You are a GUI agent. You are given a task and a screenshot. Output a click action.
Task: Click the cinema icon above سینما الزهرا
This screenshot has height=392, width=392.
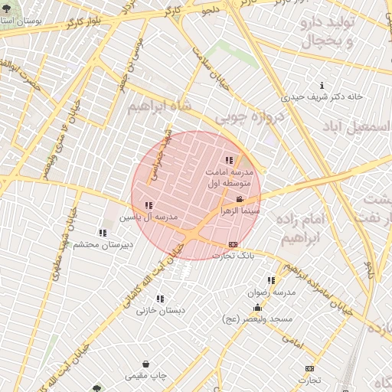coord(240,200)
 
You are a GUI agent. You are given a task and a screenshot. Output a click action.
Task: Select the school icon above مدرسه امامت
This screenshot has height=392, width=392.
coord(230,160)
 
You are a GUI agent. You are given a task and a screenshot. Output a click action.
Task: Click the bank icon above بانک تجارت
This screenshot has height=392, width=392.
coord(233,244)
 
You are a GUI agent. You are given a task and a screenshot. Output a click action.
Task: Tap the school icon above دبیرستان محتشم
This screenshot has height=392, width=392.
coord(103,233)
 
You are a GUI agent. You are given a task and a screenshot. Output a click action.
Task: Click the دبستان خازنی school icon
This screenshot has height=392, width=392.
coord(160,299)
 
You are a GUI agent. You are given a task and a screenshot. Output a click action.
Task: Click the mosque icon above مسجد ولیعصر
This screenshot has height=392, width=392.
coord(257,308)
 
